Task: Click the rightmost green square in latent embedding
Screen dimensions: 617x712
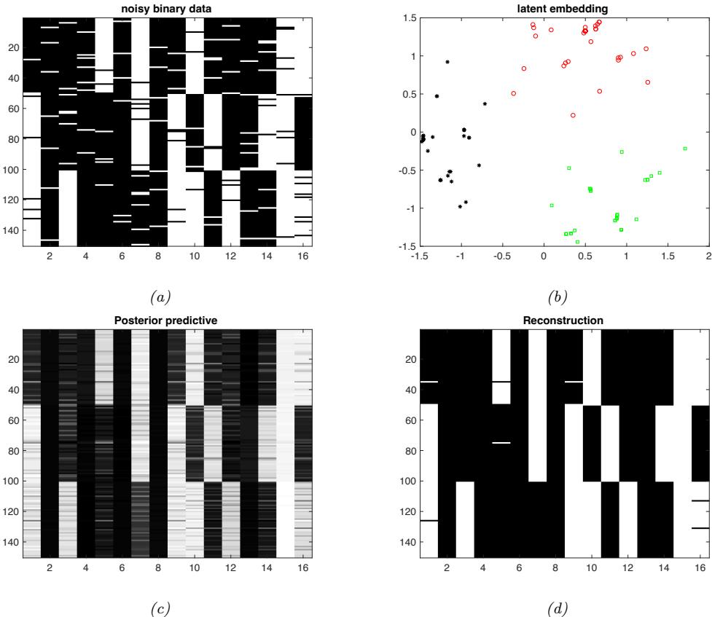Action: tap(685, 149)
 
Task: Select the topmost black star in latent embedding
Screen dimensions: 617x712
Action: tap(447, 62)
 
